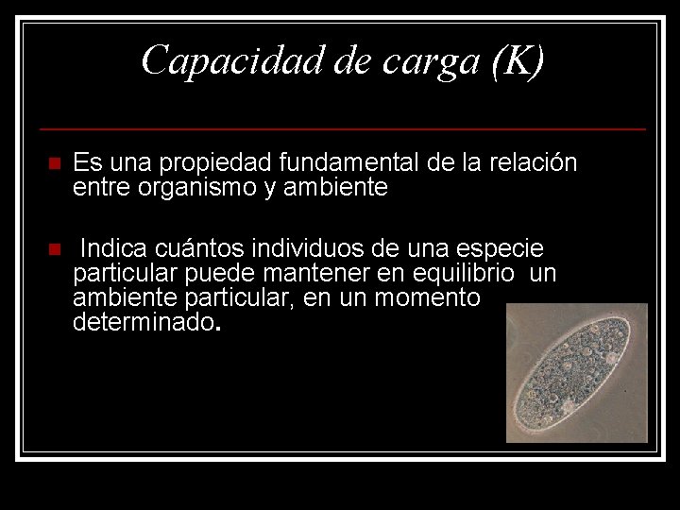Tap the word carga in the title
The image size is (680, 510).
point(432,60)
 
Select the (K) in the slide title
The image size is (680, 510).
point(516,60)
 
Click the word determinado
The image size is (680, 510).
point(144,323)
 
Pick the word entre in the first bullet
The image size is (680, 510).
point(100,188)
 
